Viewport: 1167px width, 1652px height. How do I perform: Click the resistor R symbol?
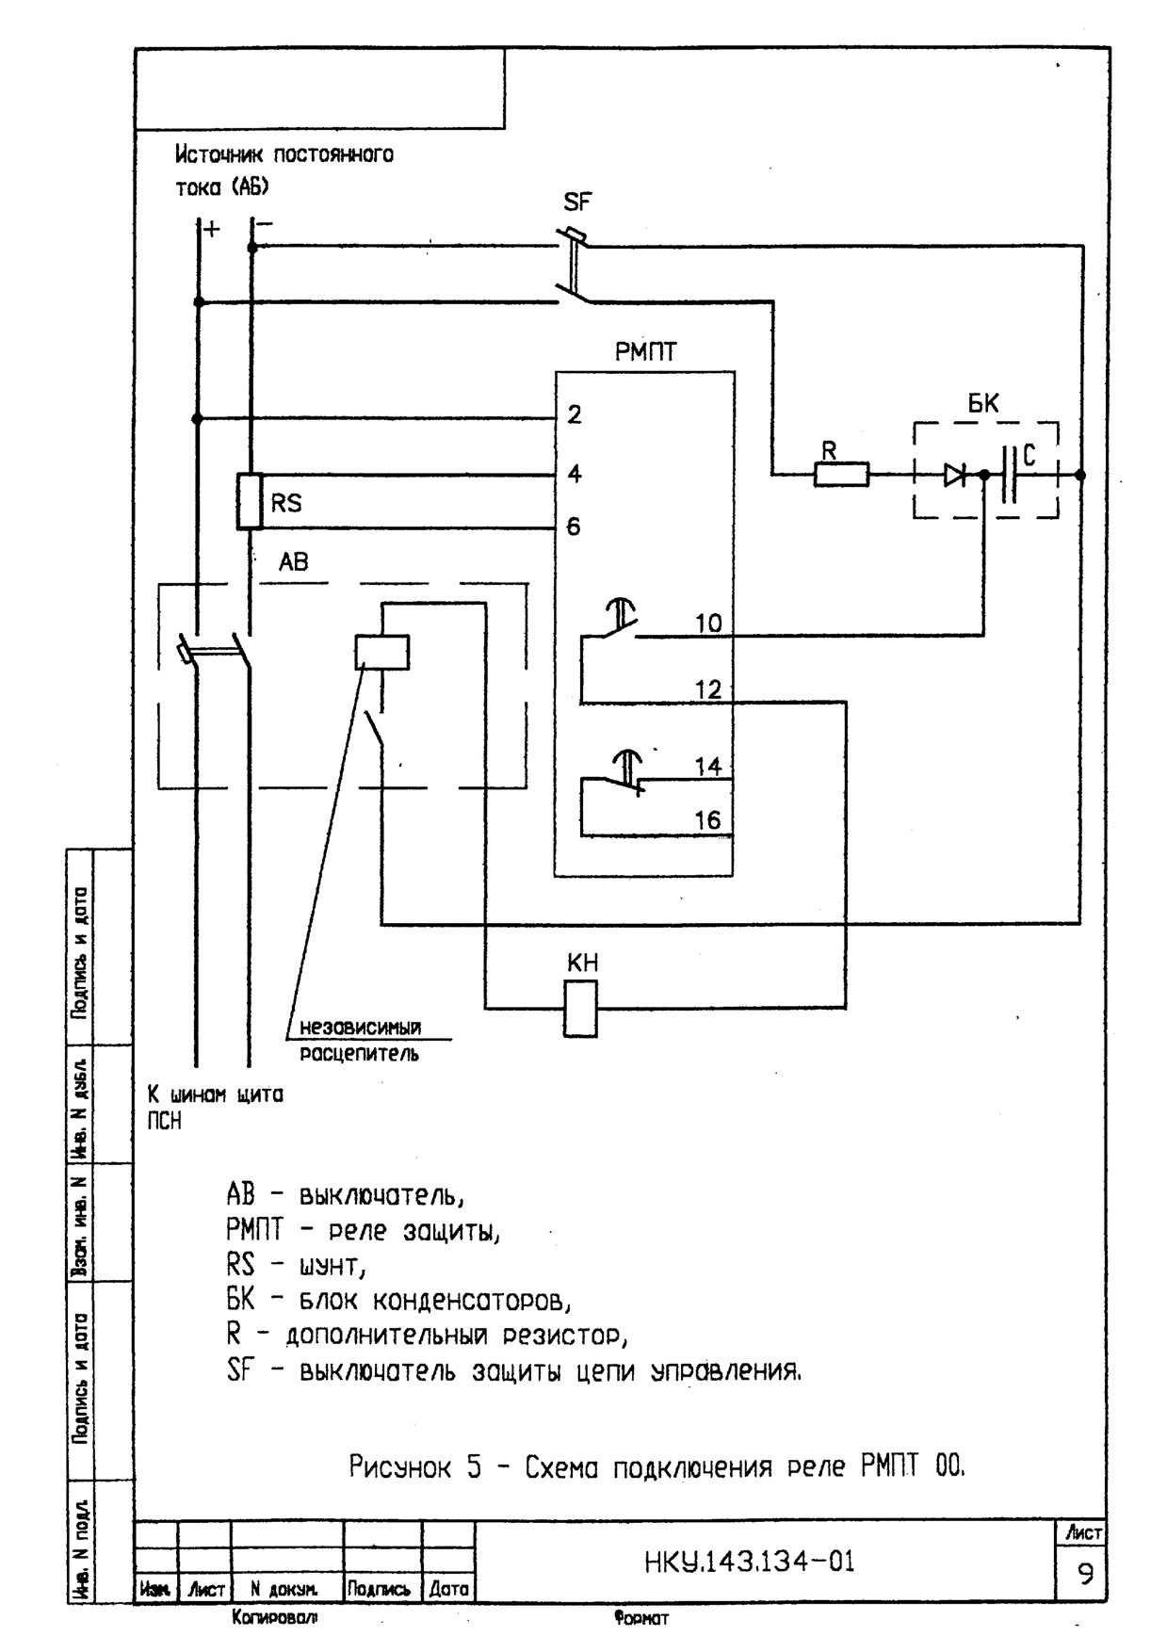[841, 475]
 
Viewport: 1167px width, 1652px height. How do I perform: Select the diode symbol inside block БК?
[955, 476]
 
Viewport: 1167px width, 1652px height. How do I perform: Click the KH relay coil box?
[580, 1009]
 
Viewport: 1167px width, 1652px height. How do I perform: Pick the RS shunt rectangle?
[249, 501]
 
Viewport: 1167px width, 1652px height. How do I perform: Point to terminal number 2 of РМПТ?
[574, 414]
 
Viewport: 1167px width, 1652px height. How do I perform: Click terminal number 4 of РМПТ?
[574, 474]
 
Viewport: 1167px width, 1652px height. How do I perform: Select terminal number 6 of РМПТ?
[574, 526]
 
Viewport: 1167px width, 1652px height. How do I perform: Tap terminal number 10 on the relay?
[709, 624]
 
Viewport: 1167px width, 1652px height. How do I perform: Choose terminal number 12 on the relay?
[708, 689]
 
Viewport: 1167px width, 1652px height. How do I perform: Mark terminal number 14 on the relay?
[708, 767]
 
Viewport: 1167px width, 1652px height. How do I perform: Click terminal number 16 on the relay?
[708, 820]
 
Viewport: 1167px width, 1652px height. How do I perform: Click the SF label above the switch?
[577, 202]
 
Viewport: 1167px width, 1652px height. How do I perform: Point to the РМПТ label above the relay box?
[646, 352]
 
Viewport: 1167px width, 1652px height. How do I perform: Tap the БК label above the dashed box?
[984, 403]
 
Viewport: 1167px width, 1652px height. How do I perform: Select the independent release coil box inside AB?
[382, 652]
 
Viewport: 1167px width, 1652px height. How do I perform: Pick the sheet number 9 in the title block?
[1086, 1574]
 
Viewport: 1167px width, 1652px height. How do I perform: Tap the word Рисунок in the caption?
[401, 1466]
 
